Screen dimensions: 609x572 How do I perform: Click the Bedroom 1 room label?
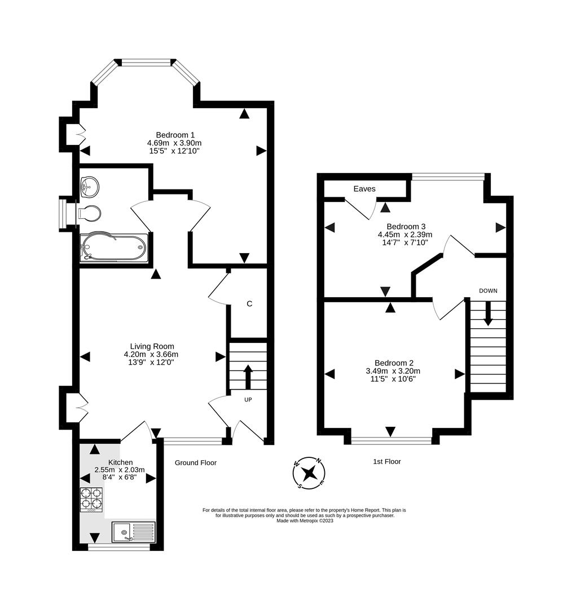[175, 135]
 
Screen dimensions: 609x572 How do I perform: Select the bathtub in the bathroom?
[114, 248]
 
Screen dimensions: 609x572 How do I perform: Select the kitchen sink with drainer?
[133, 532]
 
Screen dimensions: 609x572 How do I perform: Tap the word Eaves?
[364, 189]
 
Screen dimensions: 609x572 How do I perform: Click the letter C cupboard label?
[249, 304]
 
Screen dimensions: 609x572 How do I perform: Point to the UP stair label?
[248, 399]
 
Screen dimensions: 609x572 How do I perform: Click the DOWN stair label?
[488, 291]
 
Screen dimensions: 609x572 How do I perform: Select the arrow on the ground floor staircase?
[247, 376]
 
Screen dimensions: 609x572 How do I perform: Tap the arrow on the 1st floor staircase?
[488, 314]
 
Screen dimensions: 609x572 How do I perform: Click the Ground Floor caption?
[195, 462]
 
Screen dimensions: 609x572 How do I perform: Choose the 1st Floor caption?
[387, 461]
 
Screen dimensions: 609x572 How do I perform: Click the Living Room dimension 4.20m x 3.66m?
[151, 354]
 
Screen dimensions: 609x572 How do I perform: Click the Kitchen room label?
[121, 462]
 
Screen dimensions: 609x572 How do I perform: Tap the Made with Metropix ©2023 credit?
[305, 520]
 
